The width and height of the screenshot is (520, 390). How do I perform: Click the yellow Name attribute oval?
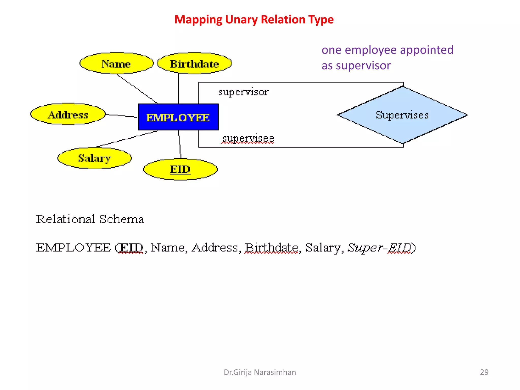(117, 63)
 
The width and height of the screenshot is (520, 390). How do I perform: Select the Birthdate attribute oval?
(194, 63)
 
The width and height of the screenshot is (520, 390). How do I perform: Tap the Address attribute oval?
(68, 115)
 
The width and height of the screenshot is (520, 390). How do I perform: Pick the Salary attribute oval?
(94, 158)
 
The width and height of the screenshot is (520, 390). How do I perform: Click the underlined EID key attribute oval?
(180, 169)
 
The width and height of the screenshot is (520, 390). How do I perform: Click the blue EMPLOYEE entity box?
(178, 117)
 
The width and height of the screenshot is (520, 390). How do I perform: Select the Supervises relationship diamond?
(402, 115)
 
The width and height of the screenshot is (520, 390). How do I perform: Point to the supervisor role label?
(243, 92)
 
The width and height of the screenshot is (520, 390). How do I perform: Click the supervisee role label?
(248, 138)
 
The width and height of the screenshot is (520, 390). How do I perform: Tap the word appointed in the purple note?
(427, 50)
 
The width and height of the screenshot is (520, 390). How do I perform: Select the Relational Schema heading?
(90, 219)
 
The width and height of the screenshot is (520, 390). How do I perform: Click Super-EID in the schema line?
(380, 248)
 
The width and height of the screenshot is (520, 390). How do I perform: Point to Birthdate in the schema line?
(271, 248)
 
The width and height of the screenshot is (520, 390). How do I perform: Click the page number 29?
(484, 372)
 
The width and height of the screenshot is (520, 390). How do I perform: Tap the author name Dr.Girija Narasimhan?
(260, 372)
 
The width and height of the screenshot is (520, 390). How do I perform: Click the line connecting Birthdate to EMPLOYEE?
(178, 88)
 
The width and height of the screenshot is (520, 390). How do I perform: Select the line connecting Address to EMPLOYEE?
(121, 116)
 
